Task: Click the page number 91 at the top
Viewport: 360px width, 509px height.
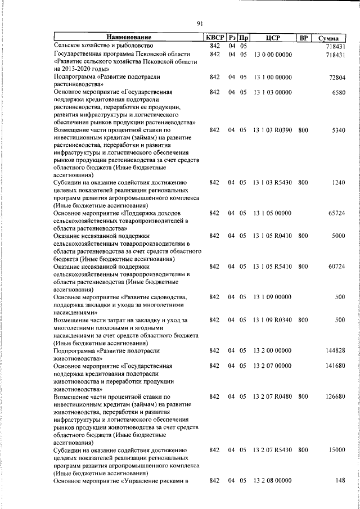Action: (x=199, y=23)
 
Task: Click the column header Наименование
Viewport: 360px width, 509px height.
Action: (x=127, y=38)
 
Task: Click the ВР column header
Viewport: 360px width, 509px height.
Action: (x=303, y=38)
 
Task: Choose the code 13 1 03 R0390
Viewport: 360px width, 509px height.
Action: (x=272, y=130)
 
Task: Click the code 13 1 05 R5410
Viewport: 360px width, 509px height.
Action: (x=272, y=267)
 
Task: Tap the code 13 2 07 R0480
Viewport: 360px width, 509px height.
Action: (x=272, y=396)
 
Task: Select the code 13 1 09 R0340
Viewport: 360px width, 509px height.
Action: (x=272, y=320)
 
